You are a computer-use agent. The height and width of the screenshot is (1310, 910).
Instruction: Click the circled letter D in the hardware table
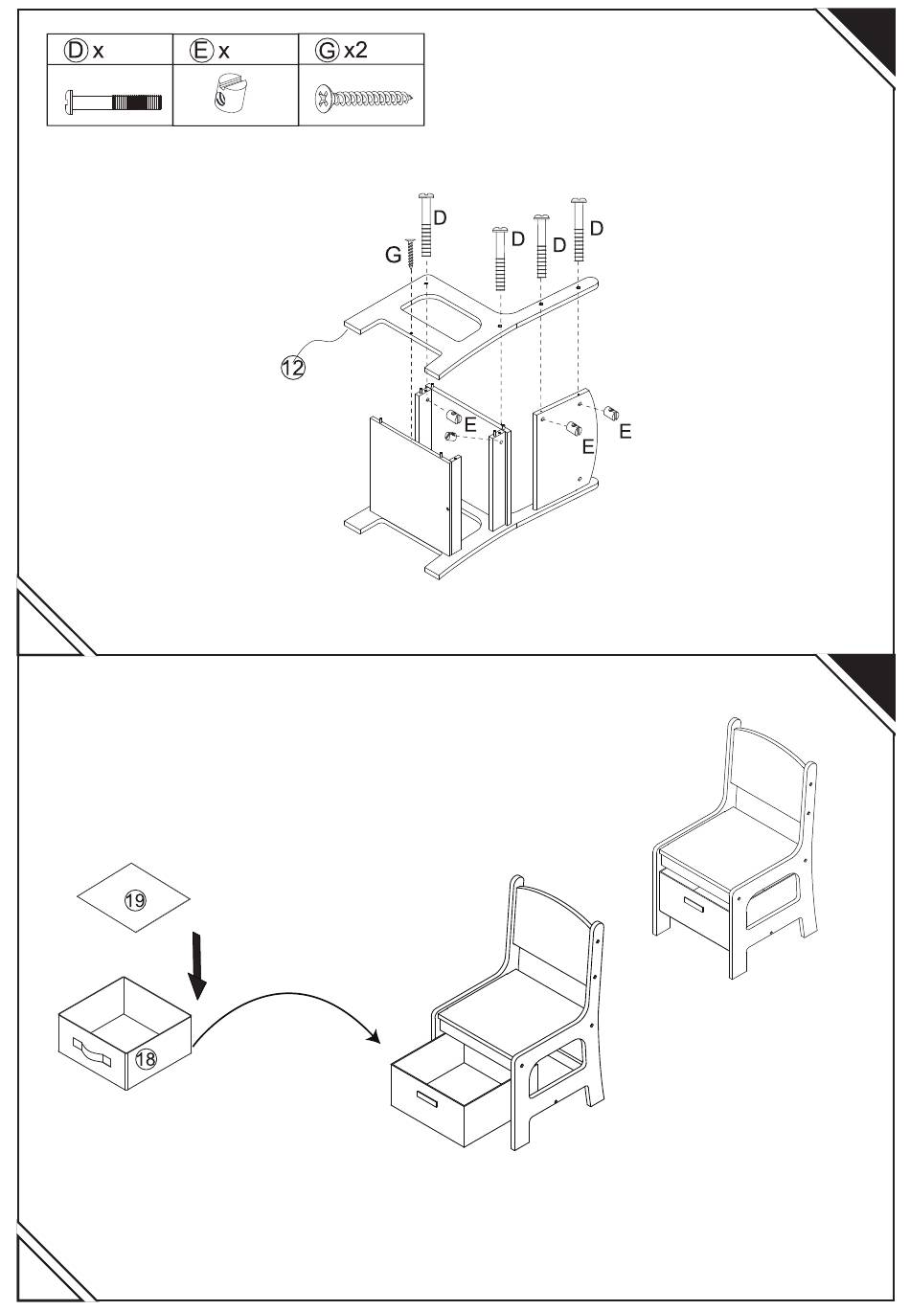76,51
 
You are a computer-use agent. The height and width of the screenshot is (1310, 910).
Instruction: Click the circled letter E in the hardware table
200,51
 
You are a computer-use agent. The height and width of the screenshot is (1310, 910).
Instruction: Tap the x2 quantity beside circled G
355,51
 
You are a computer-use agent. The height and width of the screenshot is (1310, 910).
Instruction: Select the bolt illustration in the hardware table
113,102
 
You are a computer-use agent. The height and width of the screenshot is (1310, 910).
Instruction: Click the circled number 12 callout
293,368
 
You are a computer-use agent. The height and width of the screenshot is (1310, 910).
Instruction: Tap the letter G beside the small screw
393,255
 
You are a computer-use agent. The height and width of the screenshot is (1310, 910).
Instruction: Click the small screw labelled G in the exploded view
411,253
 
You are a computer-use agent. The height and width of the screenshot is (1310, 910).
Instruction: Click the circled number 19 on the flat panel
135,900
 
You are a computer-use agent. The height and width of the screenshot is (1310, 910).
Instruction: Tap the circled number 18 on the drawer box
146,1059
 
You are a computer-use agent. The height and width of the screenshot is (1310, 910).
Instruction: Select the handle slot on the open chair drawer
426,1098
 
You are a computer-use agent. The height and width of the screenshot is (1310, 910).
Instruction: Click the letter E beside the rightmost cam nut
626,432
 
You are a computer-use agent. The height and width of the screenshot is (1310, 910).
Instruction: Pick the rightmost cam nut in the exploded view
611,413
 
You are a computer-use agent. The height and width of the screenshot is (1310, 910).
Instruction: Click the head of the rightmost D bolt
579,201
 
